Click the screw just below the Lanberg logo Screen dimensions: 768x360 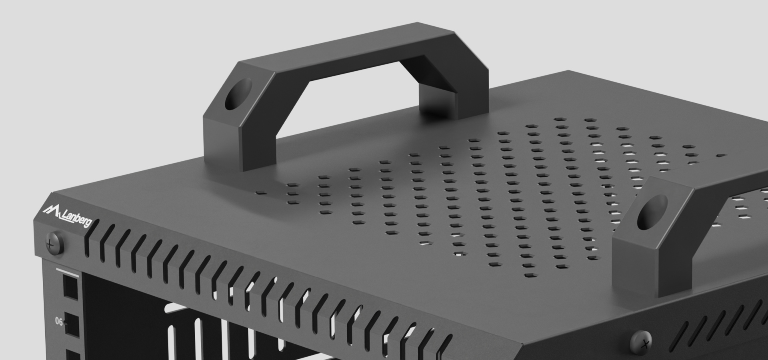pyautogui.click(x=55, y=243)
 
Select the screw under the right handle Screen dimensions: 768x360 pyautogui.click(x=641, y=342)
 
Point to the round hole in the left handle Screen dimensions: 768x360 pyautogui.click(x=238, y=94)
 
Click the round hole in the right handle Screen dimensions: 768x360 pyautogui.click(x=652, y=212)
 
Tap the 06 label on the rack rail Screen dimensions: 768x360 pyautogui.click(x=59, y=322)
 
